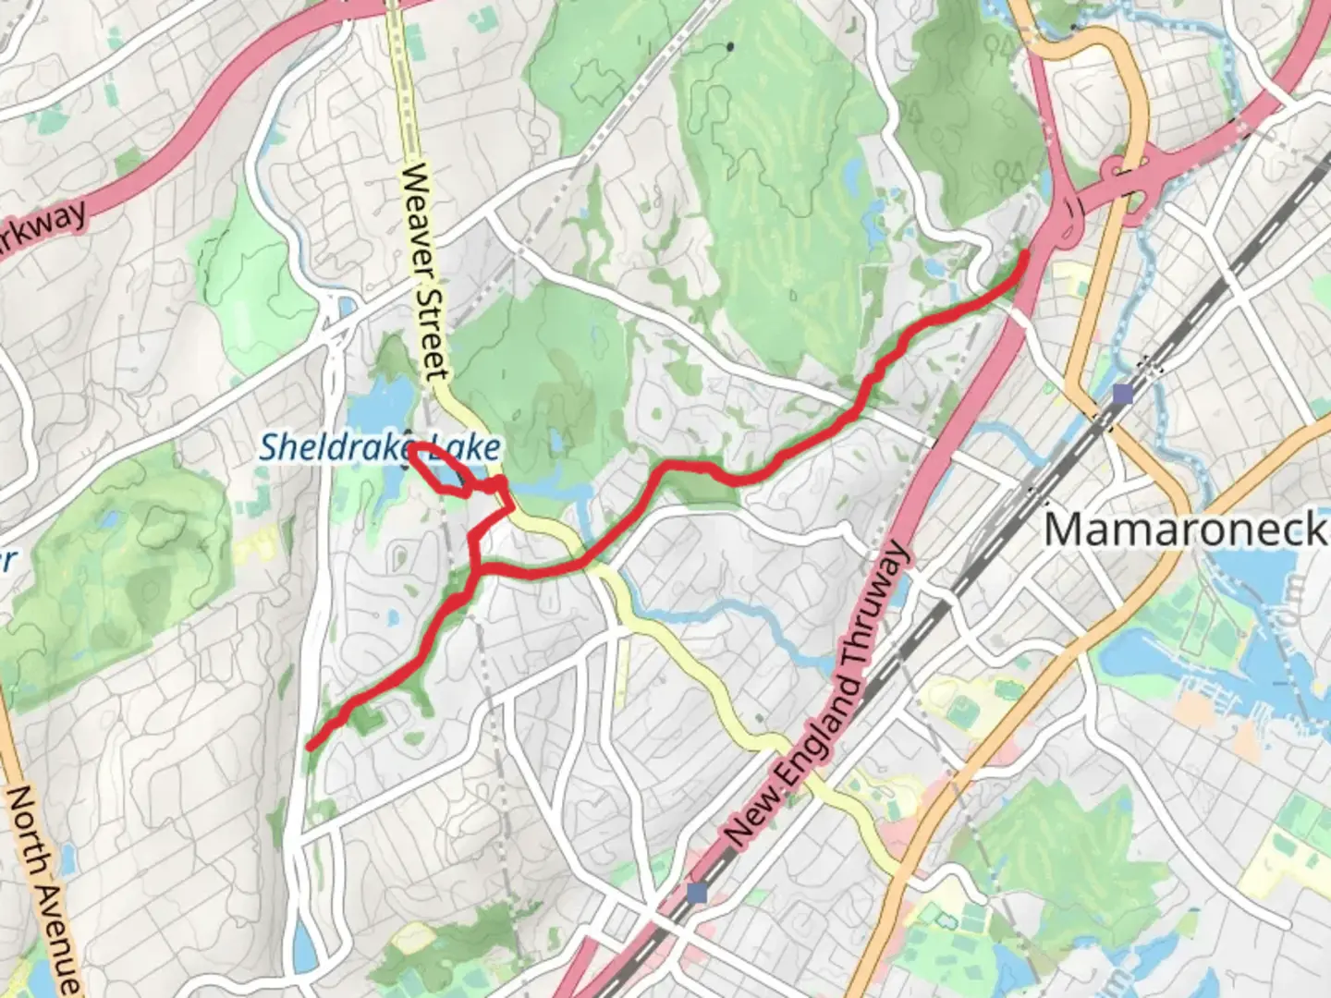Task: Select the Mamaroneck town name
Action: click(1185, 529)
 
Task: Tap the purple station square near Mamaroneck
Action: click(1122, 396)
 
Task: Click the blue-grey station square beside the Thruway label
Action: click(697, 893)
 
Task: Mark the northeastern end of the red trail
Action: click(1025, 253)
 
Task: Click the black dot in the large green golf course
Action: click(730, 45)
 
